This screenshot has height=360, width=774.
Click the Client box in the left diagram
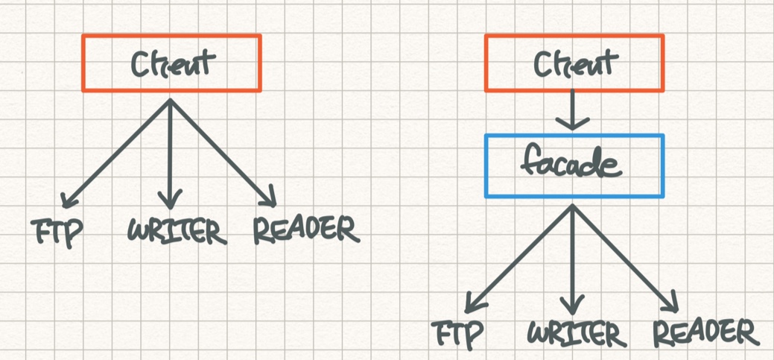(x=171, y=63)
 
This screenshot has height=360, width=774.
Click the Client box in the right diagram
(x=574, y=63)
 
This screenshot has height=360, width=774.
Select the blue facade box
(x=574, y=165)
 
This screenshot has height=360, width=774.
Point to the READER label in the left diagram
(x=305, y=230)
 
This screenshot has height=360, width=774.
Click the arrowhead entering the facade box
(x=573, y=123)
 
